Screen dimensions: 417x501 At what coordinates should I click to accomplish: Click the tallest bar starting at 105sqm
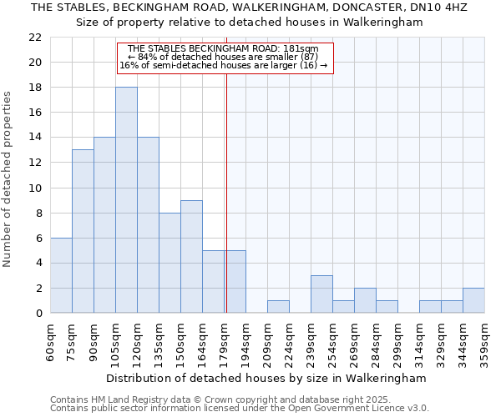click(x=126, y=200)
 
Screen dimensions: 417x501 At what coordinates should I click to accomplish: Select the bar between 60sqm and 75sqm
click(x=61, y=275)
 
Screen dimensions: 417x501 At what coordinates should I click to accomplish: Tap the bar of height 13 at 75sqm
click(x=83, y=231)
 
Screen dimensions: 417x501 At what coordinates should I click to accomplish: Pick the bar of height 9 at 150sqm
click(x=191, y=256)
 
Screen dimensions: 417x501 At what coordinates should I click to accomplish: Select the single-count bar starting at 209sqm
click(x=278, y=306)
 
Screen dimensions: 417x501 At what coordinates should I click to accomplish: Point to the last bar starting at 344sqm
click(x=473, y=300)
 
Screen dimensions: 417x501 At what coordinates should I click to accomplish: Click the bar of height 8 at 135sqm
click(x=170, y=263)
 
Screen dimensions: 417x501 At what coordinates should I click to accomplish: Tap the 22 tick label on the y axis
click(x=35, y=38)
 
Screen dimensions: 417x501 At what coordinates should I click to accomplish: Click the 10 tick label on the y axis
click(x=35, y=188)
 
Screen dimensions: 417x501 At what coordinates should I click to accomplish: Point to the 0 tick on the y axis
click(x=38, y=313)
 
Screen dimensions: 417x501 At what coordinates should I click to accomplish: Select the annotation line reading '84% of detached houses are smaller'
click(x=225, y=57)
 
